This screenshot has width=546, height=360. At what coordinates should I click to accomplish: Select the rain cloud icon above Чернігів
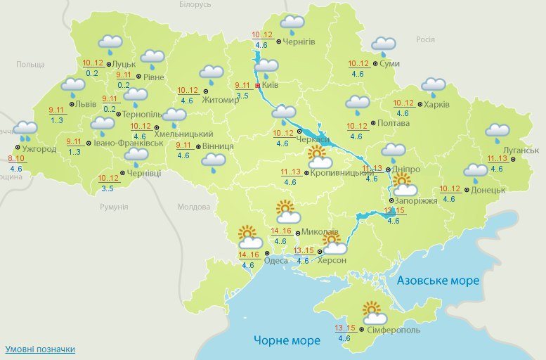pos(292,25)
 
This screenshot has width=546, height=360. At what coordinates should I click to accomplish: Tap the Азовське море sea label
pos(438,281)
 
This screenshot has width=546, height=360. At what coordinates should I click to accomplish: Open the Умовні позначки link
pos(40,349)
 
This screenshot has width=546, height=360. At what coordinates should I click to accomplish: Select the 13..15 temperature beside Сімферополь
pos(344,328)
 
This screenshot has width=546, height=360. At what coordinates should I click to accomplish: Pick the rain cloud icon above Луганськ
pos(498,131)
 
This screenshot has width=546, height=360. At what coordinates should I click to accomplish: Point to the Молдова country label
pos(194,207)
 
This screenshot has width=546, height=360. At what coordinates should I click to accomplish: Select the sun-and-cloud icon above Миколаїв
pos(288,212)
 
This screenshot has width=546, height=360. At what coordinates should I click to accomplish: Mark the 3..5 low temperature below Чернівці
pos(108,188)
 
